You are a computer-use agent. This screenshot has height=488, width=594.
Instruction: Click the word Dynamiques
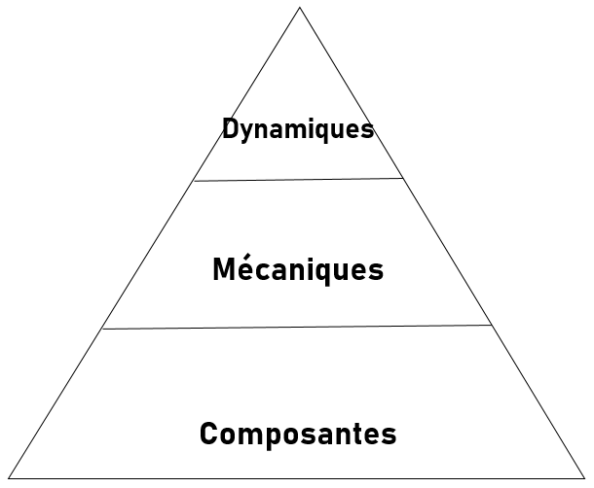tap(298, 129)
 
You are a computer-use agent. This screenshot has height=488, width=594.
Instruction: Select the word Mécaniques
tap(298, 269)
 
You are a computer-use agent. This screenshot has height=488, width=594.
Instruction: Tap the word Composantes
tap(298, 434)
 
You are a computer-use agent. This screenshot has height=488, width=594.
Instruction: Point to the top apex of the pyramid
tap(299, 8)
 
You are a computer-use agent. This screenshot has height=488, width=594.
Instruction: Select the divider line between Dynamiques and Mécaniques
tap(298, 180)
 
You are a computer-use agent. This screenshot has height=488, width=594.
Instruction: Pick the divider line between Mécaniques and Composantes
tap(297, 328)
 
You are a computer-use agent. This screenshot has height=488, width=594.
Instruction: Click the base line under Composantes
tap(298, 477)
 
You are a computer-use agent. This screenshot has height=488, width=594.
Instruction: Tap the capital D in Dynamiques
tap(231, 128)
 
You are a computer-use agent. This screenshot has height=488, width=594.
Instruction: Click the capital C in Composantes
tap(208, 434)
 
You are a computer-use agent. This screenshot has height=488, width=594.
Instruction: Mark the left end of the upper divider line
tap(194, 181)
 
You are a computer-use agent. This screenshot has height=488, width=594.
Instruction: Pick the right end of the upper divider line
tap(403, 178)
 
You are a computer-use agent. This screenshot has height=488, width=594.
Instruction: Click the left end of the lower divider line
tap(102, 329)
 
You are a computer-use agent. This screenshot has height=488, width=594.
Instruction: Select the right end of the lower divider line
tap(492, 326)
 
